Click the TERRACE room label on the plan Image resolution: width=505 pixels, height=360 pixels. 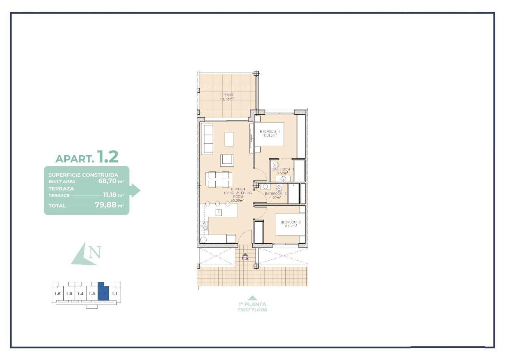point(227,95)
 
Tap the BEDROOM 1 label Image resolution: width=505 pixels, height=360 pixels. point(270,132)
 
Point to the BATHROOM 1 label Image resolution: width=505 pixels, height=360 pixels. point(283,169)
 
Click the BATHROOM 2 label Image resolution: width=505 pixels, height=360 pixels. point(276,194)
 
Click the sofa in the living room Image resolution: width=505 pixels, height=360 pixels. point(207,139)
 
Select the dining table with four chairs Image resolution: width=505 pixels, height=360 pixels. point(219,179)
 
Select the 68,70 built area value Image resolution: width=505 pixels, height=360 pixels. point(107,181)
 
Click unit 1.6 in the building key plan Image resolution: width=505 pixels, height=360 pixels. point(58,293)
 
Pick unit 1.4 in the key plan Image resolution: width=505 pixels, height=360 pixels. point(80,293)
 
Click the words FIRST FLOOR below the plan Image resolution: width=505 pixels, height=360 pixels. point(252,310)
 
